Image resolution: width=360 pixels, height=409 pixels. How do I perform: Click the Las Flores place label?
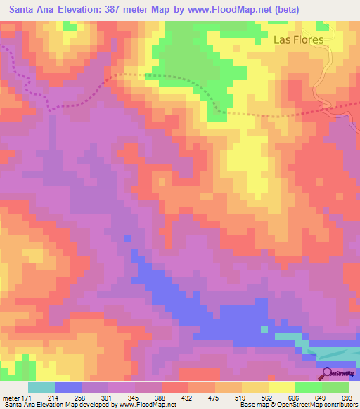click(298, 39)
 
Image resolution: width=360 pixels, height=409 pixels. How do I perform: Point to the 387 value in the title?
click(115, 10)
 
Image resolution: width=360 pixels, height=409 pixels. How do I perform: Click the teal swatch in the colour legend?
click(41, 387)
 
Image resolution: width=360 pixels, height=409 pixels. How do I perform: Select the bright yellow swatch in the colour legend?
click(282, 387)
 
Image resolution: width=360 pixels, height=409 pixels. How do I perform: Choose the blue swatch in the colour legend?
click(68, 387)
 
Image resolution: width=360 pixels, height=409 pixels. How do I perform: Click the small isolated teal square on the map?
click(264, 329)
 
